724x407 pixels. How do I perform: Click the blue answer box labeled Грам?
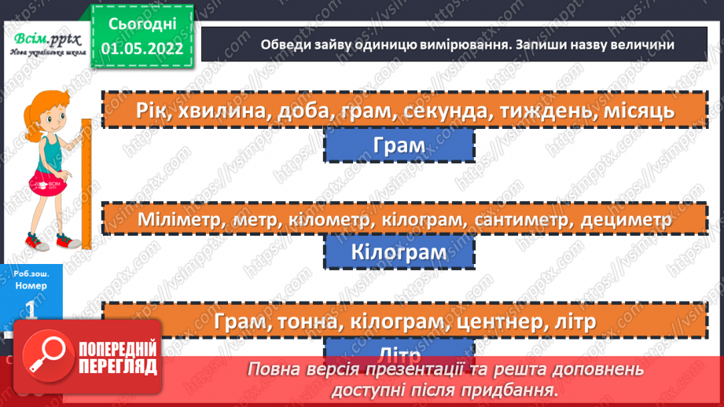tap(399, 145)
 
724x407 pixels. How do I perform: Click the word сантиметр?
tap(522, 220)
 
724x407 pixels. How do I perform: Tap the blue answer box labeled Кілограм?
tap(399, 253)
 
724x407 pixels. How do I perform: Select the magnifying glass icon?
tap(47, 357)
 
